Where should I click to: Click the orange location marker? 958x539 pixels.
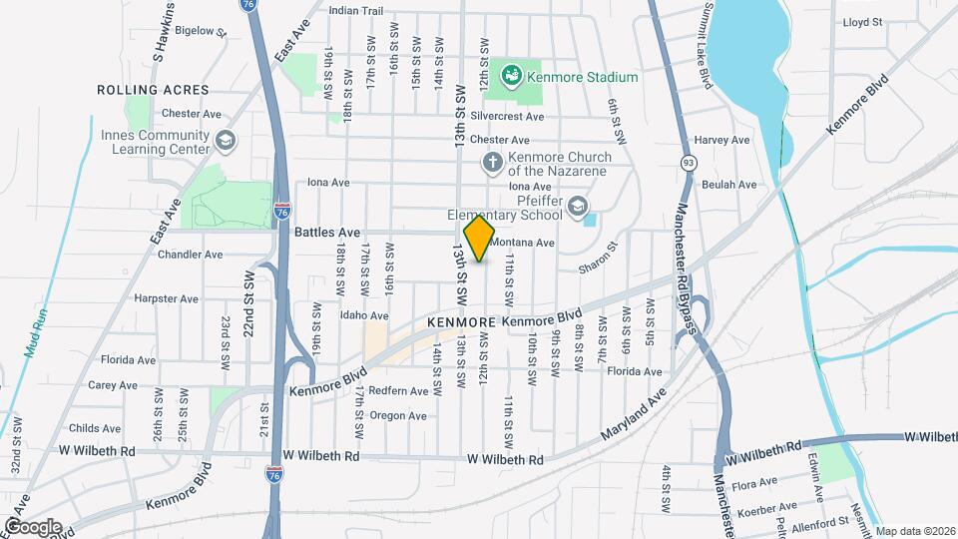pos(480,238)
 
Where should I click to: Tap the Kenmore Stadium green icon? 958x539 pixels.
pos(511,75)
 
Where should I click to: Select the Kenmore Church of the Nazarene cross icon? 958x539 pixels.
pos(492,162)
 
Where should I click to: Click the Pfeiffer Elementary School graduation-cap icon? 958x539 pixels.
pos(577,207)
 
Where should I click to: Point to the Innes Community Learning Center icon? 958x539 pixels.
pos(226,141)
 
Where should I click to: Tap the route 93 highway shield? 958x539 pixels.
pos(688,162)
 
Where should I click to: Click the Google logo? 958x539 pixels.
pos(32,527)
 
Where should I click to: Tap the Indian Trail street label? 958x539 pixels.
pos(356,11)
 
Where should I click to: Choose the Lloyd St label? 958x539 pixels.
pos(863,21)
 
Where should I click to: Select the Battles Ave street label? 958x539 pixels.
pos(327,232)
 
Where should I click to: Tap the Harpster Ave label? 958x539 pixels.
pos(166,298)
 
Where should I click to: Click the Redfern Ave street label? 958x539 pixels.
pos(398,390)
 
